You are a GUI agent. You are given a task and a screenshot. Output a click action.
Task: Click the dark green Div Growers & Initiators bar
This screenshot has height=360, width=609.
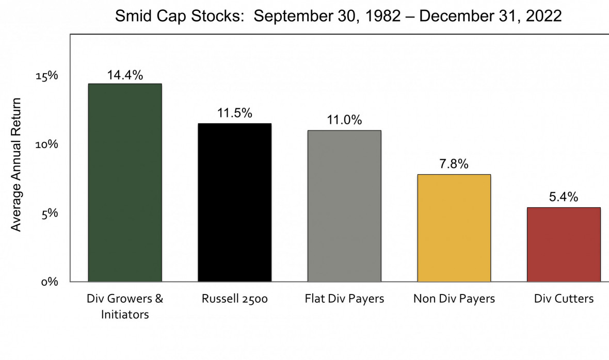tap(125, 183)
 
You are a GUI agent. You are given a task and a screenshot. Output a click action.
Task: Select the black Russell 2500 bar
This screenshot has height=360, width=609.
tap(234, 202)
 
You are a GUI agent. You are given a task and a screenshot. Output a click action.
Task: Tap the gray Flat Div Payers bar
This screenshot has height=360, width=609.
tap(344, 206)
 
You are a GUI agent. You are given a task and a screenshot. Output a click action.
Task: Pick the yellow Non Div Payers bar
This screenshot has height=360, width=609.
tap(454, 228)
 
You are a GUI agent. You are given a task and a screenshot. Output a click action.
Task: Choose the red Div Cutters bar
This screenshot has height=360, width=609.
tap(564, 244)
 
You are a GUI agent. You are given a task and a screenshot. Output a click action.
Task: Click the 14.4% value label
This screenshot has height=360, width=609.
tap(125, 75)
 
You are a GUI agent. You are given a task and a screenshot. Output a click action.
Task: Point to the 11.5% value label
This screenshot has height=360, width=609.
tap(234, 113)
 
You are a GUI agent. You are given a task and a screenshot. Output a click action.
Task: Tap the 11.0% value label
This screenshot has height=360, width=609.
tap(344, 121)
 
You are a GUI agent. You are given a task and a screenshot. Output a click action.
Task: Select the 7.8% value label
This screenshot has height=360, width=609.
tap(454, 165)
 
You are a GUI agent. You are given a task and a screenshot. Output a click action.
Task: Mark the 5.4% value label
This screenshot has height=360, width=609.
tap(564, 198)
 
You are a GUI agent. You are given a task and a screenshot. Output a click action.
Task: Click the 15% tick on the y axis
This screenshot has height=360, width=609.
tap(46, 76)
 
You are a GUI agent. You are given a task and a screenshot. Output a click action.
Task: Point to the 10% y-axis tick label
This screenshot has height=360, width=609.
tap(46, 144)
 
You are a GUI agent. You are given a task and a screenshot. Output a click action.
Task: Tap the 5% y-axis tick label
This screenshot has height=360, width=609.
tap(50, 213)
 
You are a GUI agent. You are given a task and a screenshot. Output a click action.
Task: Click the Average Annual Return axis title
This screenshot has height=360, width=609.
tap(17, 165)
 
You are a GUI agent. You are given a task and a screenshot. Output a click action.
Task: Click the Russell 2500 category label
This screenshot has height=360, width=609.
tap(234, 299)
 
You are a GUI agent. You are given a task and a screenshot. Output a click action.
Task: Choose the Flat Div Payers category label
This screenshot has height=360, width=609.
tap(344, 299)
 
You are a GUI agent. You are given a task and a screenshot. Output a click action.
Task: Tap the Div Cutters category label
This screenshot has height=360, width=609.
tap(564, 299)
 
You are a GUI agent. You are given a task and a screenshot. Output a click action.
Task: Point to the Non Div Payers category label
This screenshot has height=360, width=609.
tap(454, 299)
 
